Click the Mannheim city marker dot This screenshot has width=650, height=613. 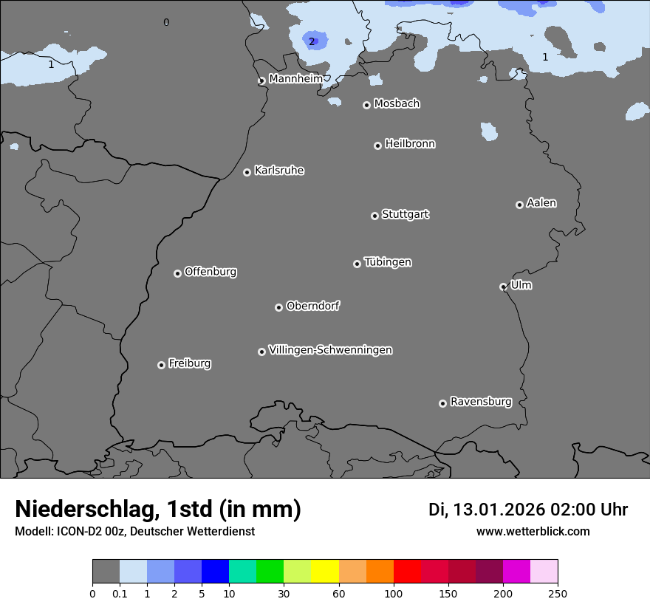(261, 81)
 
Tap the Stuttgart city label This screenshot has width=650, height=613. (405, 214)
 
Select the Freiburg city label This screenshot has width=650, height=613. (189, 363)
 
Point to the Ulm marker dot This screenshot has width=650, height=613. (503, 287)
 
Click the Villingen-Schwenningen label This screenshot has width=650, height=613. (330, 350)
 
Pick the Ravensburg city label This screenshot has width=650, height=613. (481, 402)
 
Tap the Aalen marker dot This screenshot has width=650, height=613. (519, 205)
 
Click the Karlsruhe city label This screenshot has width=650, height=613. (279, 171)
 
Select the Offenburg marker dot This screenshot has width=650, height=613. (177, 273)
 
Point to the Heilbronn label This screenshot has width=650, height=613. (410, 144)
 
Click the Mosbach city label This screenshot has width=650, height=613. (397, 104)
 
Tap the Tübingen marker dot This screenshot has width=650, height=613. (357, 264)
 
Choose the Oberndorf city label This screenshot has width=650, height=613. (312, 306)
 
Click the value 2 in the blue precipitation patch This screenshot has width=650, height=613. (312, 41)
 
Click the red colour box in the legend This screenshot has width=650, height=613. (407, 572)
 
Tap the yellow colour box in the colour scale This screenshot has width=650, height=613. (325, 572)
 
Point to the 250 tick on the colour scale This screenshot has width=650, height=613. (558, 593)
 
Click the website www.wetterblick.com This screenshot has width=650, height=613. (533, 531)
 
